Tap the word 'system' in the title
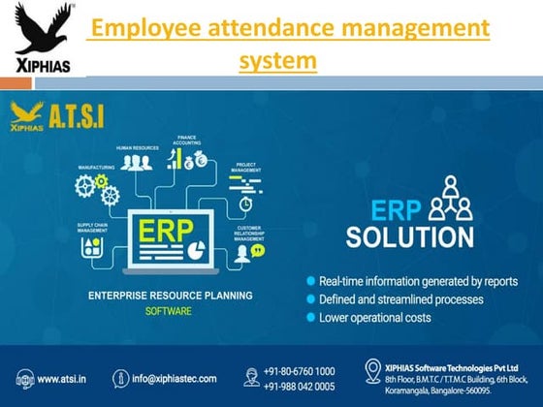point(277,60)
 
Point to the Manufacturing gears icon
point(101,189)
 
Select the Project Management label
point(246,166)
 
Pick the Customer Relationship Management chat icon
point(257,250)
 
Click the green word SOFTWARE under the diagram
point(169,311)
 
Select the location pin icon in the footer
point(372,371)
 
